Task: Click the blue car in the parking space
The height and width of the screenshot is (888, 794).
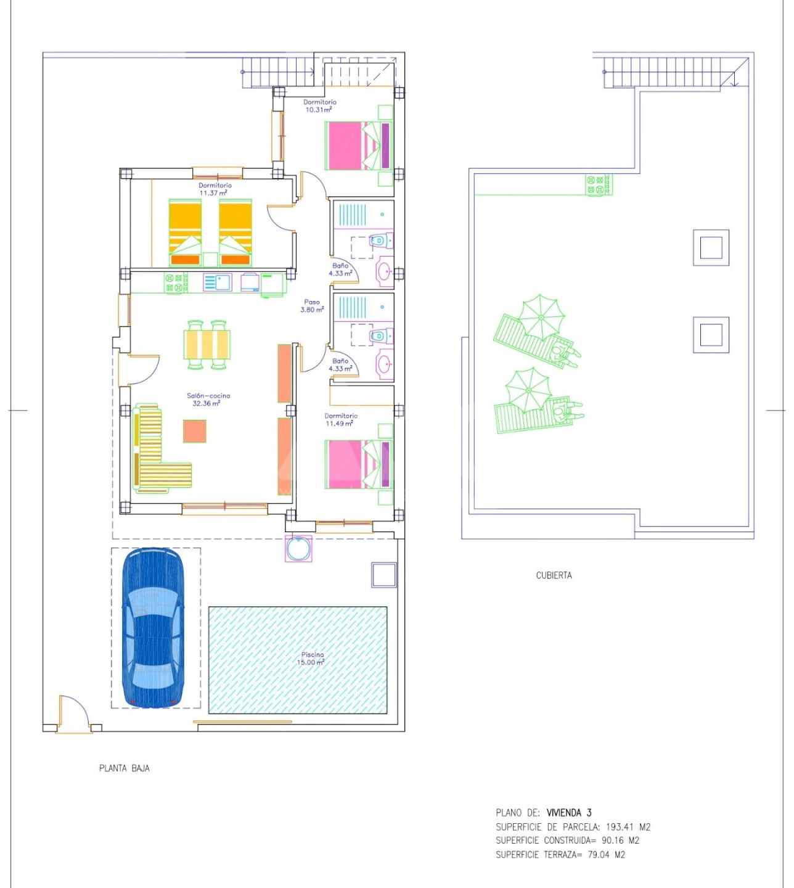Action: tap(153, 627)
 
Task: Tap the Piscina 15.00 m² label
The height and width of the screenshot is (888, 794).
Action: tap(311, 659)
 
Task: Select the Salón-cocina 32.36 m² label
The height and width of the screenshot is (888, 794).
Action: tap(208, 400)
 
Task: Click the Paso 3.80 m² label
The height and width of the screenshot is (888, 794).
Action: tap(312, 305)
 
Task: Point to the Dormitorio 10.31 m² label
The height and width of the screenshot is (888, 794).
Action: tap(320, 105)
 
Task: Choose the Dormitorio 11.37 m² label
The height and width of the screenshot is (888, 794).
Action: tap(215, 189)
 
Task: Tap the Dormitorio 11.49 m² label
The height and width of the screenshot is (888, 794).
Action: tap(341, 419)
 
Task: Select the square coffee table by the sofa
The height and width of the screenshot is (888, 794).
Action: tap(195, 431)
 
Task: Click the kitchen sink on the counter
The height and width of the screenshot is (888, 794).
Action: tap(218, 282)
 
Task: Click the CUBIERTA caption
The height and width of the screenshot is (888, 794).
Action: tap(554, 575)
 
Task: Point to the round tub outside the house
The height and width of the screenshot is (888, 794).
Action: tap(298, 548)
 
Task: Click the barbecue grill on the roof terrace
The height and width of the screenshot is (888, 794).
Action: tap(599, 185)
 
